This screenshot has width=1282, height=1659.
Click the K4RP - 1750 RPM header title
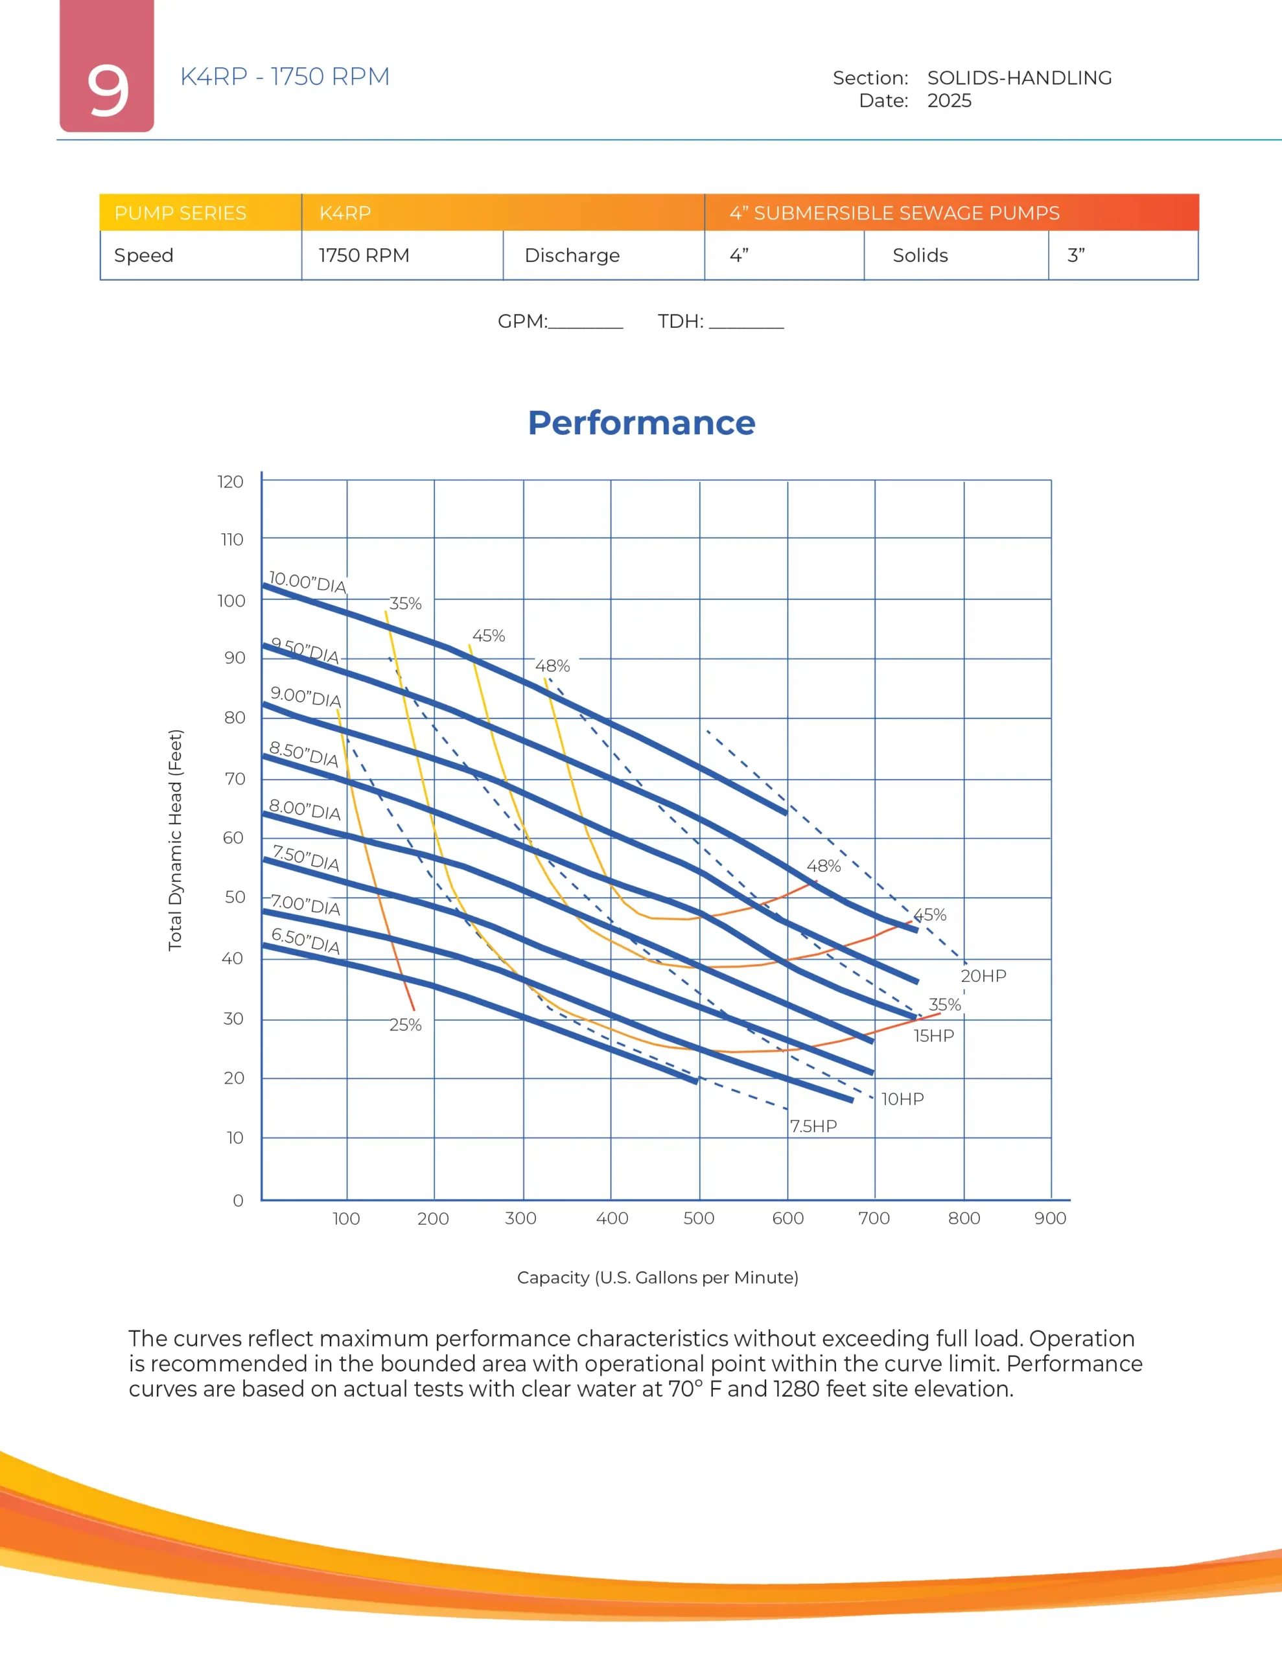point(285,76)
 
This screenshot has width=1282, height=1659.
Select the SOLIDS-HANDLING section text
point(1018,78)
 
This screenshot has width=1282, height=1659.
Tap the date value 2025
point(948,101)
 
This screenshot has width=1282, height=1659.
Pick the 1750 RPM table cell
point(364,255)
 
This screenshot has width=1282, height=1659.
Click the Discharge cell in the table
point(572,255)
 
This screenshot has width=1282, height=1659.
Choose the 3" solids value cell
point(1075,255)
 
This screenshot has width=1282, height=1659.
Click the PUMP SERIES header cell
point(180,213)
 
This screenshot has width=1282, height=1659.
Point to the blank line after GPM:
point(585,323)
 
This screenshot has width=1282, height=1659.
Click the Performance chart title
point(642,423)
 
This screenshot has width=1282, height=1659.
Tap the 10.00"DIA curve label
point(307,583)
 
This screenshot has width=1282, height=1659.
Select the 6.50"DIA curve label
point(305,940)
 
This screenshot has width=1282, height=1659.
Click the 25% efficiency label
point(405,1025)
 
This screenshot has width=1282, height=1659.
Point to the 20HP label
point(983,976)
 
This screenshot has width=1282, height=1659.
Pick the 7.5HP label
point(813,1126)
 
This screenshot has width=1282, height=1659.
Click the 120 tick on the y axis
point(230,481)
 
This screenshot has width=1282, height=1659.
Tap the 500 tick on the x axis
point(699,1218)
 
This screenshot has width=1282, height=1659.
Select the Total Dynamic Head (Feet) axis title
point(176,839)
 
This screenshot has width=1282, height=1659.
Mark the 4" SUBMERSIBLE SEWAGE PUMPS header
point(894,213)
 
